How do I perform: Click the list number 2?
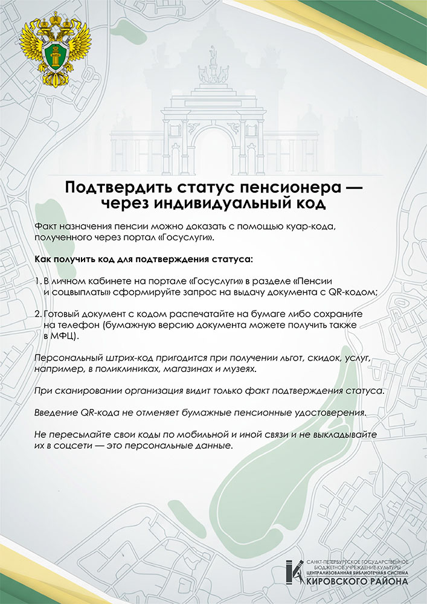(x=37, y=315)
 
